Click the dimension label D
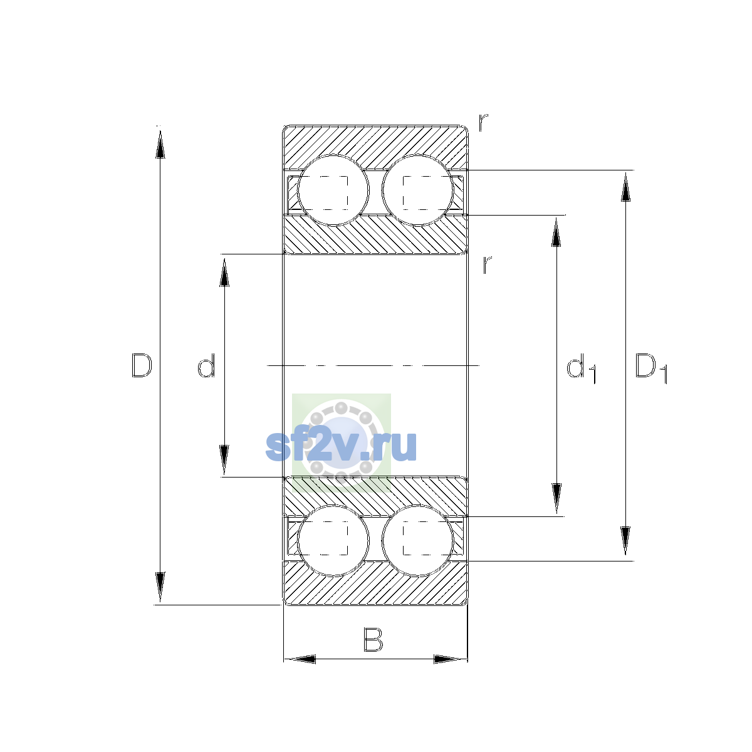pos(142,365)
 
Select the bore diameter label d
pos(206,365)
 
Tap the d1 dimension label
pos(581,368)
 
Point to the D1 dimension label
pos(651,368)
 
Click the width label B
pos(373,640)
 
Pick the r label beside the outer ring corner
pos(483,122)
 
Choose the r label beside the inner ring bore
pos(487,264)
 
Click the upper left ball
pos(333,191)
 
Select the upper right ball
pos(417,191)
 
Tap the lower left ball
pos(333,540)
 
